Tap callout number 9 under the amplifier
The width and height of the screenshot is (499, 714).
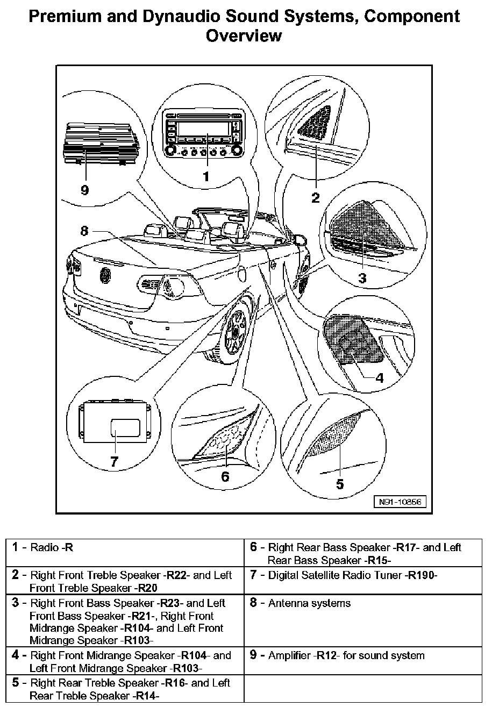84,190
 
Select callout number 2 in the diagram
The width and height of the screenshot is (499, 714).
316,197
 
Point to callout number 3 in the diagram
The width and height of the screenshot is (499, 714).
362,278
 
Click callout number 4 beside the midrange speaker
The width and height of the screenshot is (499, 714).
380,377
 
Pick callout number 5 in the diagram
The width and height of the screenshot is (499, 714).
340,484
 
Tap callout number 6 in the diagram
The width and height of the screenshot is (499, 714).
225,476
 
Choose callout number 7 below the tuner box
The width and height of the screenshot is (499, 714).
114,461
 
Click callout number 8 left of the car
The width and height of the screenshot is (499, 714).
84,231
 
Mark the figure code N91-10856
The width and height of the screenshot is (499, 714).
400,502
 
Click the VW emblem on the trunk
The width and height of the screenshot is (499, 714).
105,276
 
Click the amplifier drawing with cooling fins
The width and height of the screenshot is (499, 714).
102,144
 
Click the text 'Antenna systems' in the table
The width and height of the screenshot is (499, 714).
309,603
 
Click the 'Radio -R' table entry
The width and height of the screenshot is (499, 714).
52,548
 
